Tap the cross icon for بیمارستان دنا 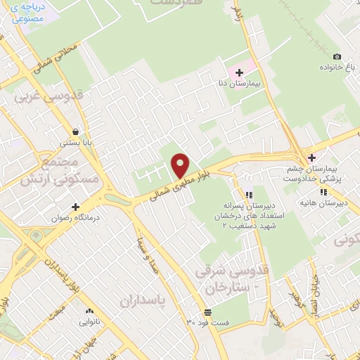pos(239,72)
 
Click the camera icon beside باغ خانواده pos(337,56)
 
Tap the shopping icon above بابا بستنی pos(75,131)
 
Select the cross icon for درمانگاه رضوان pos(76,207)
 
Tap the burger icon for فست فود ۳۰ pos(207,312)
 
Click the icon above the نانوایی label pos(89,311)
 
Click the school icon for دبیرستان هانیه pos(323,192)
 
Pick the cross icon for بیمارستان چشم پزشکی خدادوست pos(311,157)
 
